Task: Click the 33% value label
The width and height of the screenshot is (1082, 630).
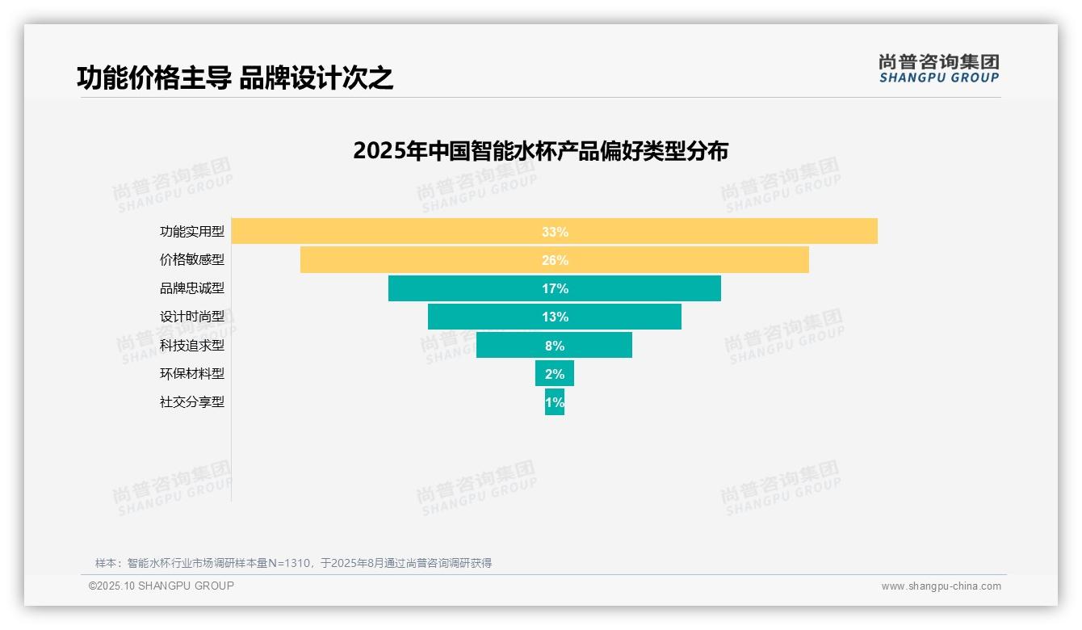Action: [x=555, y=232]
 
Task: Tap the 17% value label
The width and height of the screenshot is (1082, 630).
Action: [x=555, y=288]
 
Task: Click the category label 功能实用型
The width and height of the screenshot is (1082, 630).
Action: [x=192, y=232]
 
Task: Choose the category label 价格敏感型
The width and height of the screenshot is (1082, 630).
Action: [x=192, y=260]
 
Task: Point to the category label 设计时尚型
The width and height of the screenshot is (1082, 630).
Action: [x=192, y=317]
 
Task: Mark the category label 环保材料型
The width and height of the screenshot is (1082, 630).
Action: [x=192, y=373]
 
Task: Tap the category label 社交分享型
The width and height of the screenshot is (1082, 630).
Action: [x=192, y=401]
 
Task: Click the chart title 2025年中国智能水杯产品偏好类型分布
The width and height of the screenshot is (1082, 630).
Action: [x=540, y=151]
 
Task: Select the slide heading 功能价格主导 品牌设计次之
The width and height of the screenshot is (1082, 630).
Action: [x=235, y=78]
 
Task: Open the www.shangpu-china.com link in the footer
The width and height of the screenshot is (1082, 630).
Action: [x=941, y=586]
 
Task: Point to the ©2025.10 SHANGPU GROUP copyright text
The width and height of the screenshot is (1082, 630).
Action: [x=161, y=586]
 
